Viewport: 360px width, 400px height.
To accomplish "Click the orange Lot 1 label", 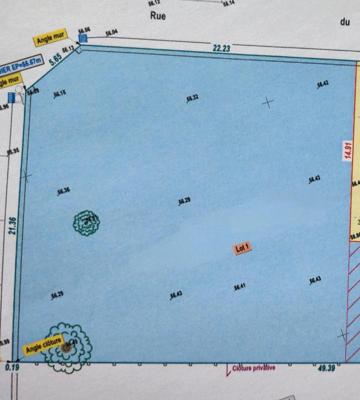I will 242,248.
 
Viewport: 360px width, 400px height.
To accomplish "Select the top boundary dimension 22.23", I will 221,48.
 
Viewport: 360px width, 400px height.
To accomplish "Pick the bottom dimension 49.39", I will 325,368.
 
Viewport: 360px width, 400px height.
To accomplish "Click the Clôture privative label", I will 253,368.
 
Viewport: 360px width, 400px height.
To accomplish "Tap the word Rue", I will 157,16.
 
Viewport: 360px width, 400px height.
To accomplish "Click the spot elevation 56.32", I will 192,97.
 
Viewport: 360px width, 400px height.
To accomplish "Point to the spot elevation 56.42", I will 322,84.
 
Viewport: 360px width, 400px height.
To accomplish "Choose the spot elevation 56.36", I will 63,190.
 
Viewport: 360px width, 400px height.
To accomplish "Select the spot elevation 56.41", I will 240,286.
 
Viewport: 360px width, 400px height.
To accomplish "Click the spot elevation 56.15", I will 59,93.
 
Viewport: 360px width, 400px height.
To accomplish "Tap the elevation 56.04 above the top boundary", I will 111,33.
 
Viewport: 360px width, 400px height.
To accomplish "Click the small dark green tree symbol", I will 86,223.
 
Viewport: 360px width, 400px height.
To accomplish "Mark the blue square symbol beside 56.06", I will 83,37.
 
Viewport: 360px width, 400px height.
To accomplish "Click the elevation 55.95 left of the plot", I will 13,151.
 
